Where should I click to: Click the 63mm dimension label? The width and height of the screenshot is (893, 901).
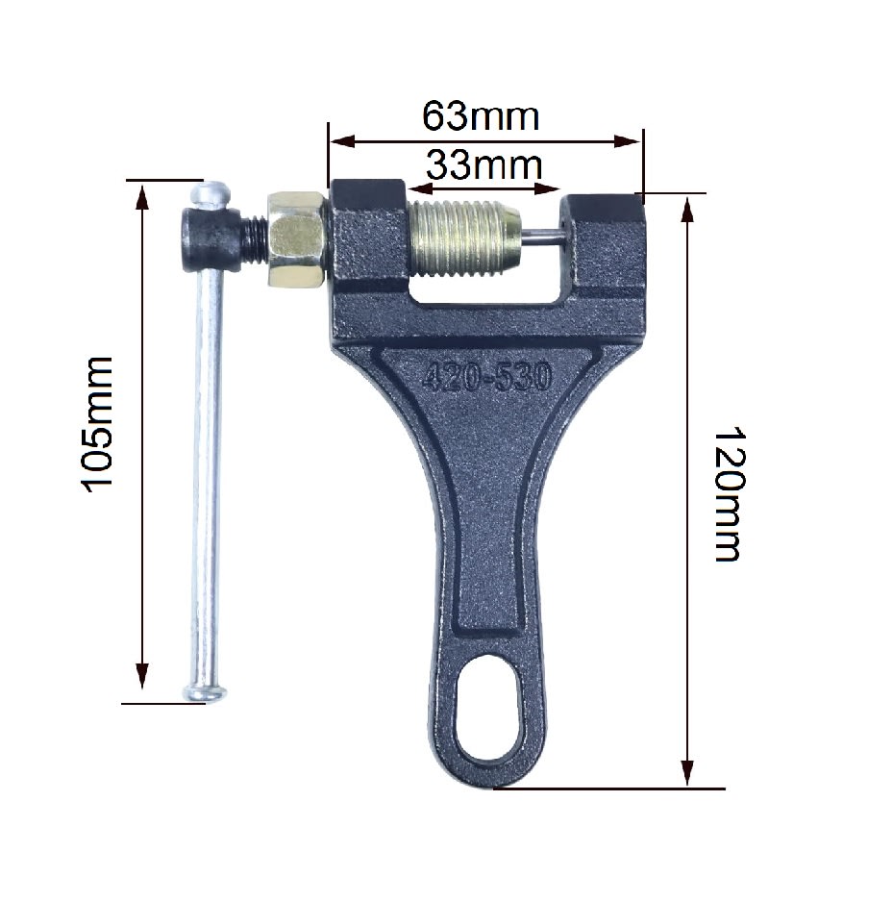(x=481, y=116)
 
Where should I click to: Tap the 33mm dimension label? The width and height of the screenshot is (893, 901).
(x=484, y=165)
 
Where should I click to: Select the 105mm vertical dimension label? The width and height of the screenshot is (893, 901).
(x=96, y=425)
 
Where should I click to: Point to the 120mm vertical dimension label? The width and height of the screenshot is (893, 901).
(x=729, y=493)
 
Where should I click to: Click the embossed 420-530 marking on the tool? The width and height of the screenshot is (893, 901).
(x=487, y=378)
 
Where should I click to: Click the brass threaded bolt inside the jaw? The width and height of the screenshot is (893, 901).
(x=464, y=238)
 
